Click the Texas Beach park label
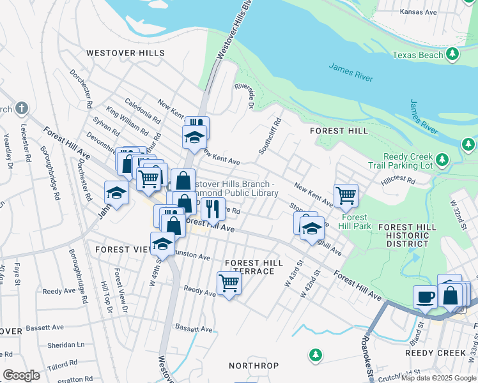417,56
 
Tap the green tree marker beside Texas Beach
453,53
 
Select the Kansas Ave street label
418,12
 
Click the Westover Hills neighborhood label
125,54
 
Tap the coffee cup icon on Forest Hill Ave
425,297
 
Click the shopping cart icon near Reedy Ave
229,283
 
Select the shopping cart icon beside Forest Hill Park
346,196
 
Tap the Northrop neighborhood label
254,366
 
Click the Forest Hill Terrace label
249,267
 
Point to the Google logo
21,375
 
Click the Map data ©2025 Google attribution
438,378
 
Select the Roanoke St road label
369,350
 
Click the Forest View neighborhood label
122,249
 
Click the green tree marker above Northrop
314,354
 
